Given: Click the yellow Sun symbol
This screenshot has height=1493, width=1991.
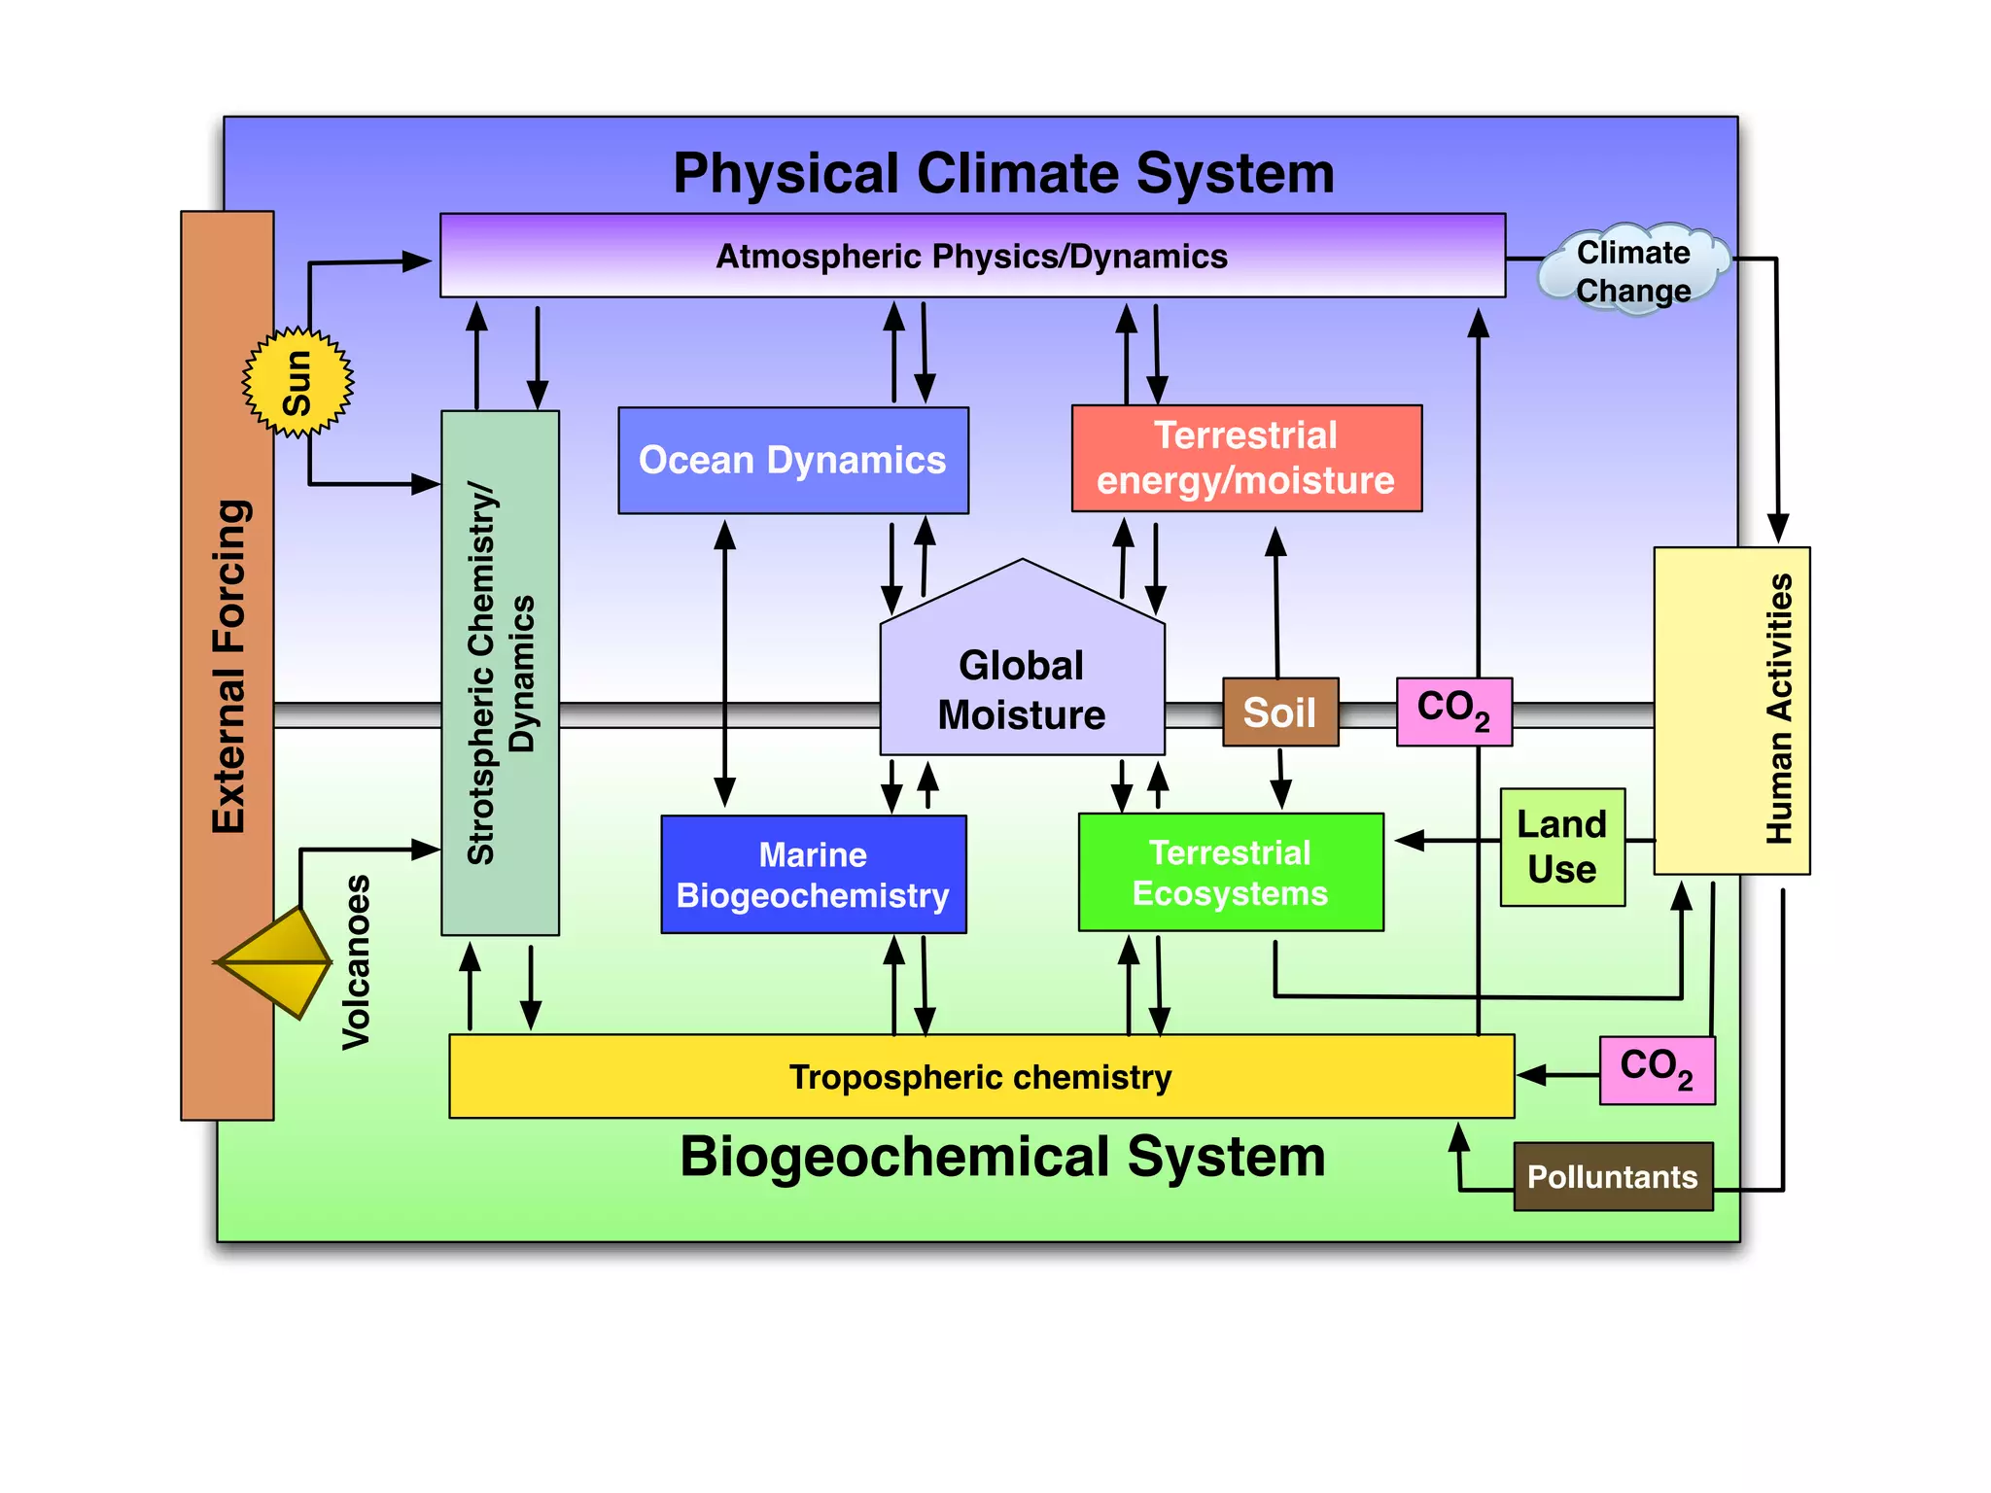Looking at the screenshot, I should click(x=297, y=383).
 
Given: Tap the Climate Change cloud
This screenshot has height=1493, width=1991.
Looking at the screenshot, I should click(x=1633, y=271).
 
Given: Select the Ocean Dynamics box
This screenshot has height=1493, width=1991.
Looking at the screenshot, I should click(x=793, y=460).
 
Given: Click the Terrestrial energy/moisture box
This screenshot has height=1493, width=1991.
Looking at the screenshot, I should click(x=1246, y=458).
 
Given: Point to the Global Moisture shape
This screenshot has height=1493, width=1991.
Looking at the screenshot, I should click(x=1022, y=680).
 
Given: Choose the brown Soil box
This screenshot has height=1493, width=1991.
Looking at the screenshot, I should click(x=1280, y=712).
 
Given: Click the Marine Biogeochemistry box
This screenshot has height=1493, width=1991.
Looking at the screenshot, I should click(x=813, y=875).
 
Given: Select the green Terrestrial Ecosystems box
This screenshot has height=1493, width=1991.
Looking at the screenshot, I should click(x=1231, y=873).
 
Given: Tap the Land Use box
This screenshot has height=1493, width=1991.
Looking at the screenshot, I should click(x=1562, y=848).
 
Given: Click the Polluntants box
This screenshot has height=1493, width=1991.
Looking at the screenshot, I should click(x=1613, y=1177).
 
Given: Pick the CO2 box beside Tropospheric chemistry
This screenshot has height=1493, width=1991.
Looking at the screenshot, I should click(x=1657, y=1070).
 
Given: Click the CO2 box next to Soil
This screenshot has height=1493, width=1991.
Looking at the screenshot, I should click(x=1453, y=712).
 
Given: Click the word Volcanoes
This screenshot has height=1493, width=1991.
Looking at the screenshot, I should click(x=357, y=962).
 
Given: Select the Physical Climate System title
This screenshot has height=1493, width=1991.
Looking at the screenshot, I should click(x=1003, y=173).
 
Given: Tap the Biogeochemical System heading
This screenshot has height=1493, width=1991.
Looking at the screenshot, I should click(x=1002, y=1157).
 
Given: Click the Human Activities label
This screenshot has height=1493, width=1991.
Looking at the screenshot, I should click(x=1778, y=710).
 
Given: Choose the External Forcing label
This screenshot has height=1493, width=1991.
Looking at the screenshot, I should click(x=229, y=667).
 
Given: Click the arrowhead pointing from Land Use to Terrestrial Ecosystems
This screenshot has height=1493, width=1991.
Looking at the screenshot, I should click(x=1410, y=841).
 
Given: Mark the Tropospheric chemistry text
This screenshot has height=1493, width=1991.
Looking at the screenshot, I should click(x=980, y=1077).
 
